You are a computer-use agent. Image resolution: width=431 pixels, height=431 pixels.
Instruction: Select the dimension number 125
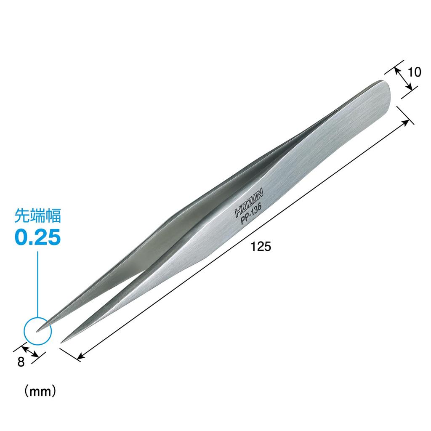(261, 247)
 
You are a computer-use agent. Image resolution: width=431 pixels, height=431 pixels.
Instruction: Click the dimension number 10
(414, 72)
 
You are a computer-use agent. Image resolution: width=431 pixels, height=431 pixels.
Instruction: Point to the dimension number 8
(21, 362)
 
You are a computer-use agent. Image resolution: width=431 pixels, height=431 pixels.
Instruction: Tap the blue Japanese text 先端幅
(38, 216)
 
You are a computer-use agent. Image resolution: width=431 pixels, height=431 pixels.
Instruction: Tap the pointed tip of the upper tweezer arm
(37, 330)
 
